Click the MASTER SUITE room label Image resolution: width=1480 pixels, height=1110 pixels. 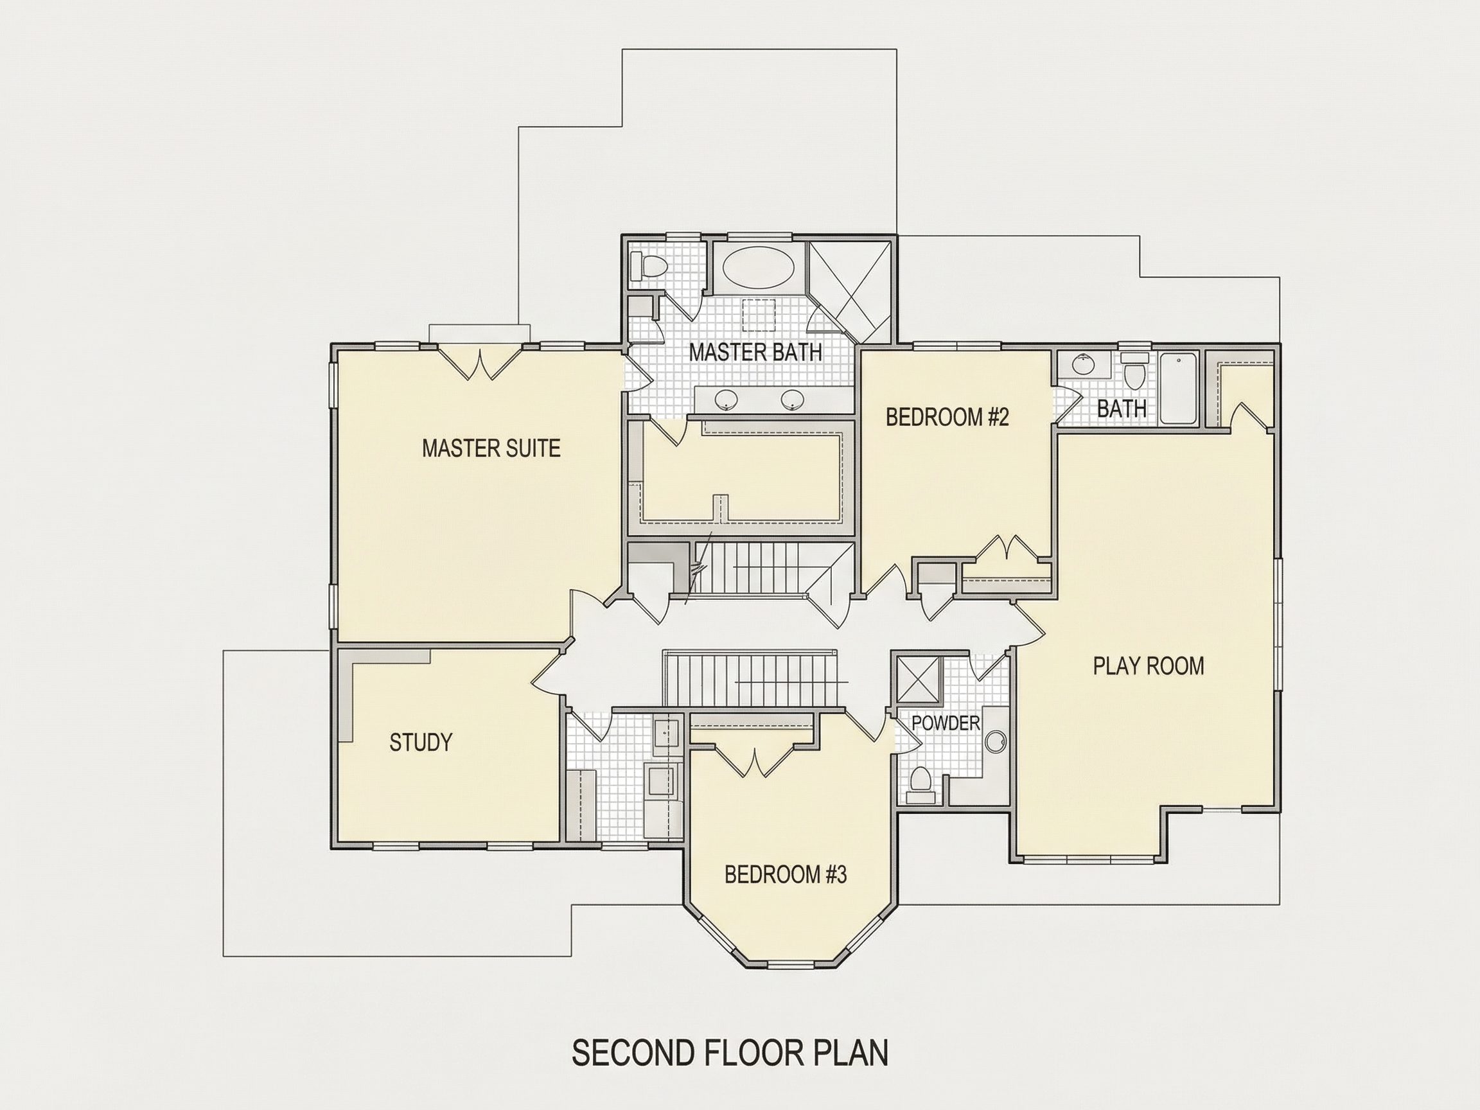click(491, 448)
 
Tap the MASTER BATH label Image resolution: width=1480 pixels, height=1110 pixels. click(755, 352)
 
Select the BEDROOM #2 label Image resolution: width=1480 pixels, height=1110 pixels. click(947, 417)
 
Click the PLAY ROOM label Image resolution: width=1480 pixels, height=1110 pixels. click(1148, 665)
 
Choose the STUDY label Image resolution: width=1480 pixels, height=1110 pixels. click(421, 742)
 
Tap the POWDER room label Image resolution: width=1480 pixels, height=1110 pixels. click(946, 723)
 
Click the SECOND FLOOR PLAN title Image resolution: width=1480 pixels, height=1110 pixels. click(730, 1052)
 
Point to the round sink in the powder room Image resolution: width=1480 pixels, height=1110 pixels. click(996, 741)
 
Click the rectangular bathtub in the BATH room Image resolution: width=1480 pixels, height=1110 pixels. click(1179, 389)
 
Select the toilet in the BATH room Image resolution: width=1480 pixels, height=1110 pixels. click(1134, 372)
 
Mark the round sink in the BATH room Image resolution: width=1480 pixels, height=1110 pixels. click(1082, 366)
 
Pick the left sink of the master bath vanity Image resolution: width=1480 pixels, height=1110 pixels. click(726, 400)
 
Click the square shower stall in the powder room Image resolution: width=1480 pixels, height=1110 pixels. click(919, 679)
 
